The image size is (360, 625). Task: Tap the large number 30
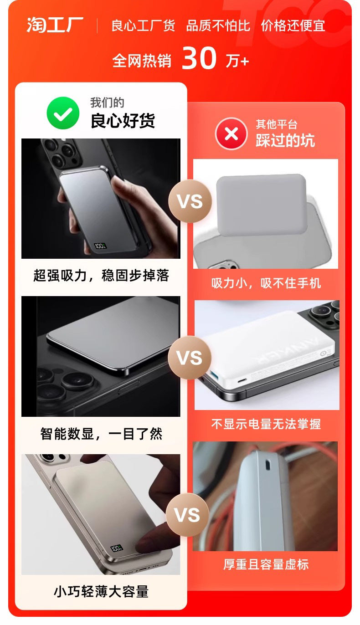click(x=199, y=59)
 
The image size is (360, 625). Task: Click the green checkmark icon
click(x=63, y=113)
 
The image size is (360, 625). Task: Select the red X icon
click(x=231, y=134)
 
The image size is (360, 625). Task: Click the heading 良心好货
click(x=123, y=121)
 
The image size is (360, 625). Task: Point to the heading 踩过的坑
click(x=285, y=140)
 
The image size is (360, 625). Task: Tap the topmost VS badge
click(x=190, y=201)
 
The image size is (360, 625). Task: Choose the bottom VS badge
click(x=187, y=515)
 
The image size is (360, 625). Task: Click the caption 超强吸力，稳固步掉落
click(x=101, y=276)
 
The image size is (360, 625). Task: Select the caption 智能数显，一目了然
click(x=101, y=434)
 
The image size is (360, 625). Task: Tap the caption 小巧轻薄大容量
click(x=101, y=591)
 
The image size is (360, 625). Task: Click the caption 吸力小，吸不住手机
click(x=266, y=283)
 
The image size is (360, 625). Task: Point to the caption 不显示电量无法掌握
click(x=266, y=424)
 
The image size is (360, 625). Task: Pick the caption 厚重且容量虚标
click(x=266, y=564)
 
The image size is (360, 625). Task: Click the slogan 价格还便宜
click(x=293, y=25)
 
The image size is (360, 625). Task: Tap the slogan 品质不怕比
click(x=218, y=25)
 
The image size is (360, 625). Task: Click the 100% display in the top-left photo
click(x=100, y=246)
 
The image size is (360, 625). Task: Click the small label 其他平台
click(x=277, y=124)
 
